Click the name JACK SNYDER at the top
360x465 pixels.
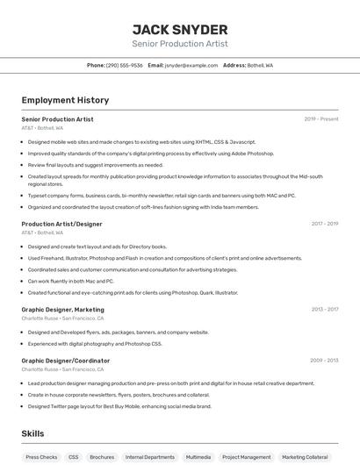coord(180,30)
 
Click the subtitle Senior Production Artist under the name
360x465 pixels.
coord(180,43)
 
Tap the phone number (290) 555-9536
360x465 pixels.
coord(124,65)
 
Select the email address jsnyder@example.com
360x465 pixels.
coord(191,65)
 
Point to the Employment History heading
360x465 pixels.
coord(65,100)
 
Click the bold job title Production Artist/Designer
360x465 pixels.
coord(61,224)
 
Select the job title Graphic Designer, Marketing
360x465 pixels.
coord(62,310)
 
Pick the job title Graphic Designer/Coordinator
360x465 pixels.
coord(65,361)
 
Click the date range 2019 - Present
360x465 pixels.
coord(321,119)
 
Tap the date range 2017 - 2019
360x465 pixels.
coord(324,224)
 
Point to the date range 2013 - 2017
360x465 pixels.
coord(324,310)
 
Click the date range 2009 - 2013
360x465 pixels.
coord(324,361)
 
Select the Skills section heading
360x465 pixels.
coord(32,433)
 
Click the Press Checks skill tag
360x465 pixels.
coord(41,457)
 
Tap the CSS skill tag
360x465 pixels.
coord(74,457)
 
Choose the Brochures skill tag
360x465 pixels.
coord(102,457)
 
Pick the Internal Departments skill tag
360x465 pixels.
coord(149,457)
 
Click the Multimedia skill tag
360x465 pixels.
coord(198,457)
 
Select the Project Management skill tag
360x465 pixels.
coord(246,457)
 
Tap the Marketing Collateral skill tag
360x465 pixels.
coord(306,457)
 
